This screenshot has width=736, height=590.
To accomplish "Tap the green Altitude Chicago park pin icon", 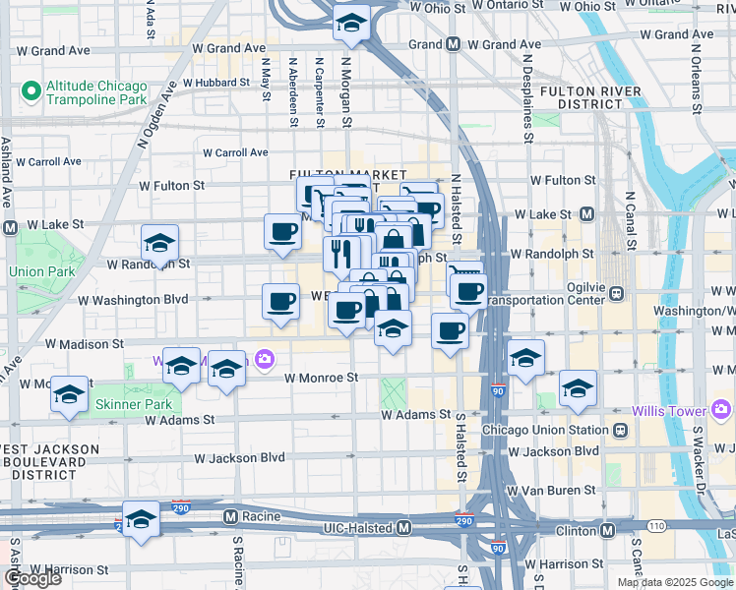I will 30,91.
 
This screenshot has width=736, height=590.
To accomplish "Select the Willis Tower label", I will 669,408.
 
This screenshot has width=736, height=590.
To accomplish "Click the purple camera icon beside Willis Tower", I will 721,408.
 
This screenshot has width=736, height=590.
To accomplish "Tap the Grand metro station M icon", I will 454,44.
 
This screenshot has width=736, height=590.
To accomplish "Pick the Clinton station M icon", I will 608,530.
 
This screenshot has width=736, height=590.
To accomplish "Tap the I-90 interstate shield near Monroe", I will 497,391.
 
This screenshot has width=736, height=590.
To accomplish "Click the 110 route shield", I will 656,527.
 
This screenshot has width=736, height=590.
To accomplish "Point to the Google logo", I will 32,578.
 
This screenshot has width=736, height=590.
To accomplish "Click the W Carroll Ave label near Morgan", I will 235,152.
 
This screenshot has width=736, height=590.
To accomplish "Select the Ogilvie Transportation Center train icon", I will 617,292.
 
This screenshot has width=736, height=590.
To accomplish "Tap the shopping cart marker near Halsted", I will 463,271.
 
